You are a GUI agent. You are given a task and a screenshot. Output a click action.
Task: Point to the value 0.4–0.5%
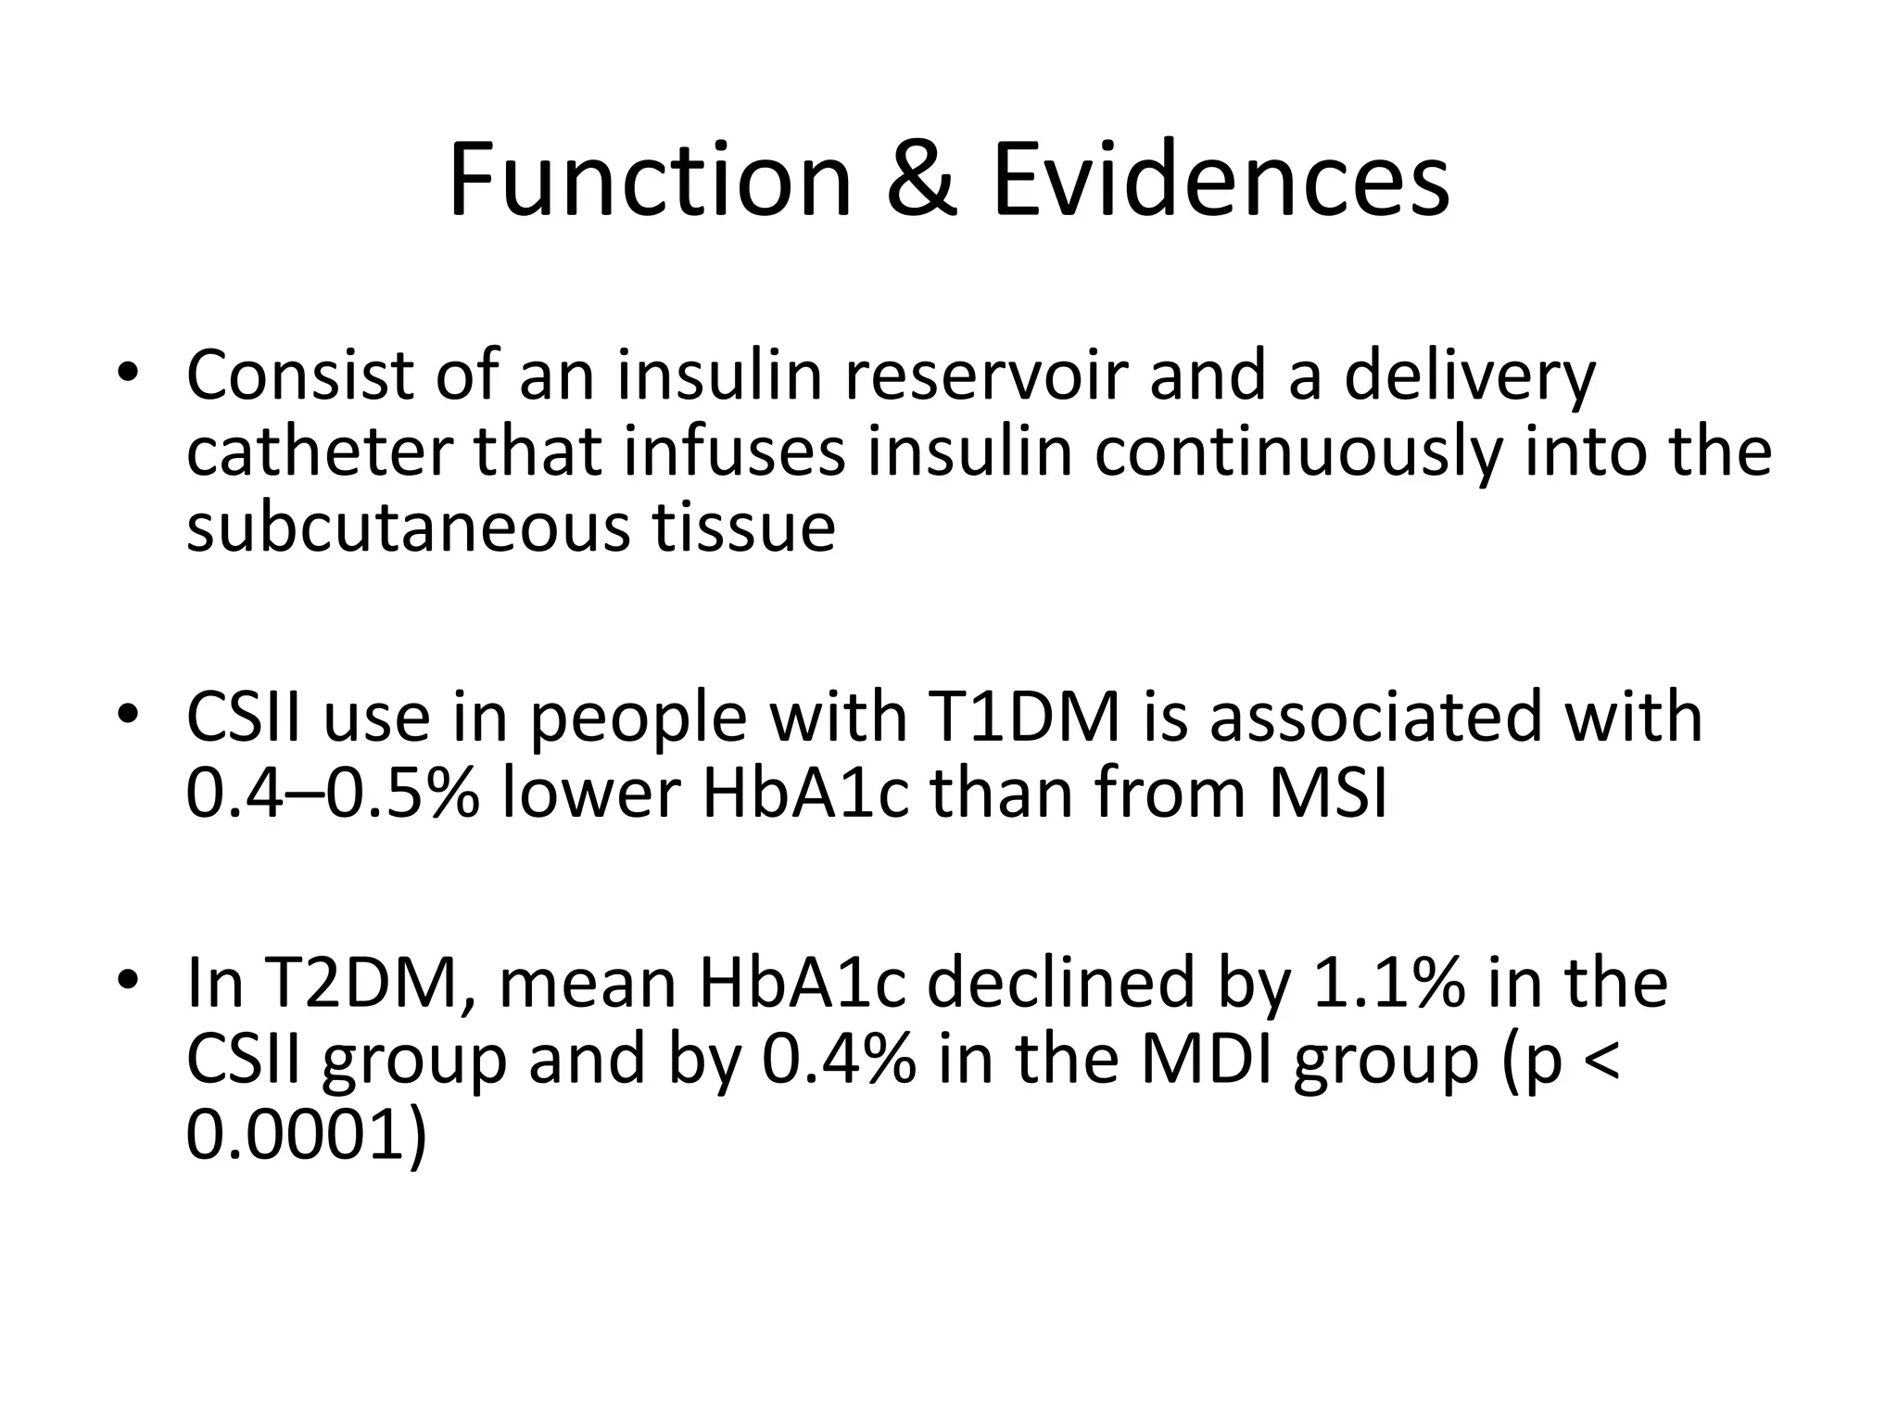(333, 795)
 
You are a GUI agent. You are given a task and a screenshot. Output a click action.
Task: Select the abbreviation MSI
(1326, 795)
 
